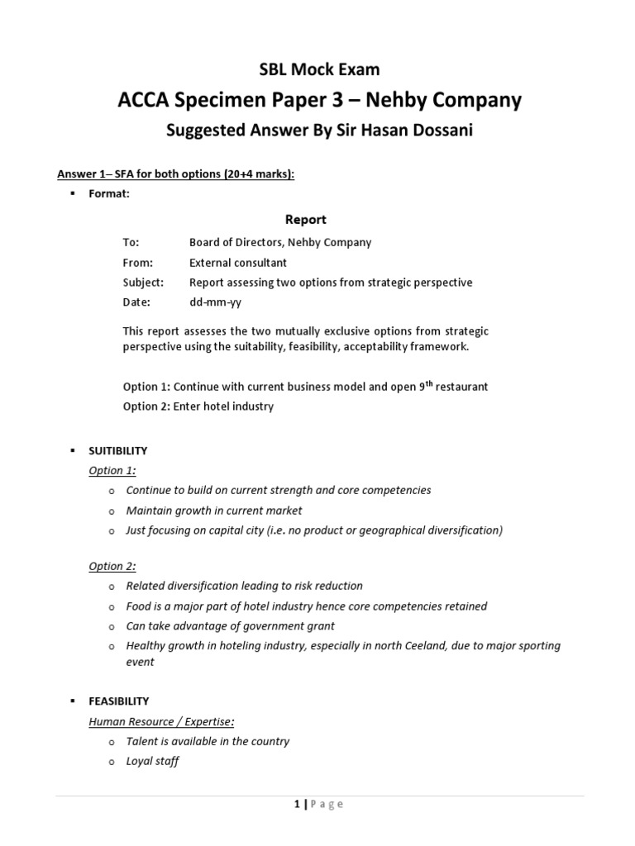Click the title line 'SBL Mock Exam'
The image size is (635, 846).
[x=317, y=70]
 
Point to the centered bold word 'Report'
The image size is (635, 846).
[x=305, y=220]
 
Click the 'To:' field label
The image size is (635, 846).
[x=131, y=243]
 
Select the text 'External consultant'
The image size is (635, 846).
[x=238, y=263]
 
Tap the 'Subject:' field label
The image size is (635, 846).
[x=143, y=283]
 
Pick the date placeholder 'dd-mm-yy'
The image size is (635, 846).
[x=215, y=302]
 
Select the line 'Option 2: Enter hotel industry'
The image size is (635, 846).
[x=198, y=406]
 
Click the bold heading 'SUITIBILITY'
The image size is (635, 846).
[x=118, y=451]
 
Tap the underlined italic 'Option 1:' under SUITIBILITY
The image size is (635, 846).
[x=112, y=471]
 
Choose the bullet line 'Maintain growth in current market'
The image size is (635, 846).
[x=214, y=511]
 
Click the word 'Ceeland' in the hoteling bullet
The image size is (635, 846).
[x=405, y=646]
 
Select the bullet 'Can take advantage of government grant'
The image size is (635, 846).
[x=230, y=626]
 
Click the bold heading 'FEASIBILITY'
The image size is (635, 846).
[x=118, y=701]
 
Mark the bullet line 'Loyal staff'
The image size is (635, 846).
[x=152, y=762]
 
